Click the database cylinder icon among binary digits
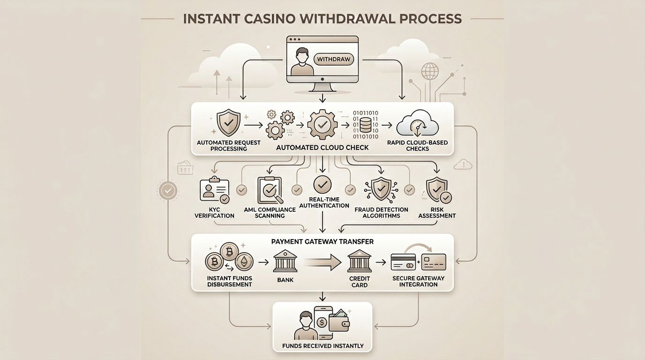pyautogui.click(x=365, y=125)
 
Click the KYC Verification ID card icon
pyautogui.click(x=214, y=190)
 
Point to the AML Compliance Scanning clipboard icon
pyautogui.click(x=270, y=190)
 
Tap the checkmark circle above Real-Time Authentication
pyautogui.click(x=322, y=185)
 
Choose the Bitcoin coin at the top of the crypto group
pyautogui.click(x=229, y=252)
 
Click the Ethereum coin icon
pyautogui.click(x=243, y=262)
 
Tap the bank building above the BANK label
pyautogui.click(x=285, y=261)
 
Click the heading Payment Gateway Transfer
pyautogui.click(x=322, y=241)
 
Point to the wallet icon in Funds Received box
pyautogui.click(x=339, y=322)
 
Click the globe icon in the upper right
pyautogui.click(x=429, y=72)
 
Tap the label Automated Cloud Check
pyautogui.click(x=322, y=147)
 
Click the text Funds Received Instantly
pyautogui.click(x=322, y=346)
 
